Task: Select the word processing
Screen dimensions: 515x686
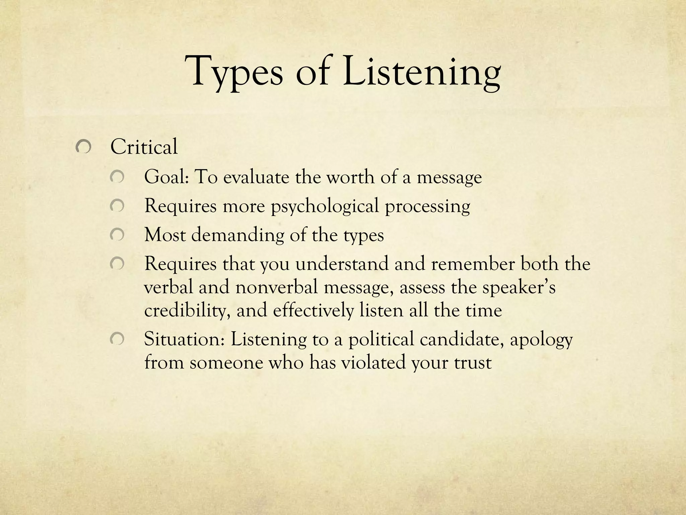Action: coord(427,206)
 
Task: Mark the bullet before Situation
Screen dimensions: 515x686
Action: coord(117,339)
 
